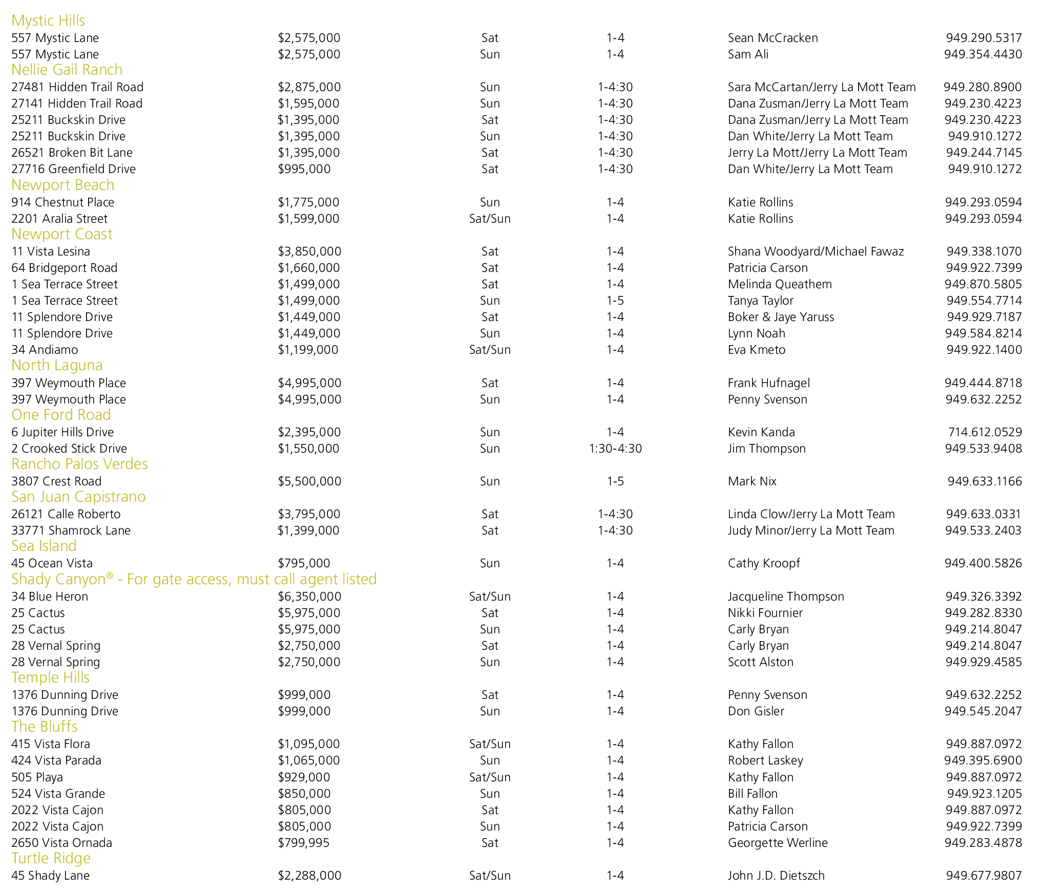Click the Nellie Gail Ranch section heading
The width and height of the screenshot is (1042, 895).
click(67, 70)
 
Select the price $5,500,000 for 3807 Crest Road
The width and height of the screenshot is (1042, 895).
click(309, 481)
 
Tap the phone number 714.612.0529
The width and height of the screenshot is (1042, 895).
click(985, 432)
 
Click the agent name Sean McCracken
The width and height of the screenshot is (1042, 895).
click(773, 38)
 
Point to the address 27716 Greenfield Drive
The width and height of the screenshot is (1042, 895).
click(73, 169)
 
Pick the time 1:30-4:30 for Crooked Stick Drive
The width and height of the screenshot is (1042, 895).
click(615, 449)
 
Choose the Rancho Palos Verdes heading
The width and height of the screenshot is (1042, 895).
click(79, 464)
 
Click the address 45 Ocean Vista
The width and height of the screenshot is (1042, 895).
click(52, 563)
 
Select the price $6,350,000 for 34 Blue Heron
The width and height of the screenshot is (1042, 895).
click(309, 596)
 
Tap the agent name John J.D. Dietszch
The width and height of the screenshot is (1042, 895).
click(776, 876)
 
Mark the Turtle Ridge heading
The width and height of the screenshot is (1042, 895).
click(51, 858)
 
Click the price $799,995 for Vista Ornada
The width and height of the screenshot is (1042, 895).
click(303, 843)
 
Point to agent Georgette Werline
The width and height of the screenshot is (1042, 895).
click(777, 843)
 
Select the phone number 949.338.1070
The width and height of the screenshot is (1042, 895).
click(984, 251)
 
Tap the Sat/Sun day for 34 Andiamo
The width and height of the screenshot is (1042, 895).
click(489, 350)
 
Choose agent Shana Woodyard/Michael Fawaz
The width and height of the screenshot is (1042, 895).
click(816, 251)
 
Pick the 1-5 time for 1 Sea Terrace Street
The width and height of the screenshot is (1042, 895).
click(615, 301)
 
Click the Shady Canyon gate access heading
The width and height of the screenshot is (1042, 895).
click(194, 579)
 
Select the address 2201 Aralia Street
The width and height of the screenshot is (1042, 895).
click(59, 219)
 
